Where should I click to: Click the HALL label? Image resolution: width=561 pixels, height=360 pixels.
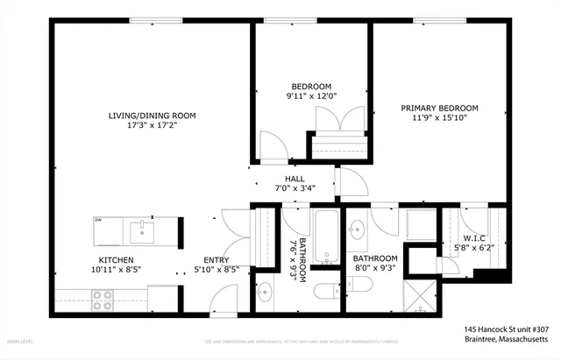click(295, 178)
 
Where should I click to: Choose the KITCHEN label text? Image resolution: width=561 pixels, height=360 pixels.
click(116, 260)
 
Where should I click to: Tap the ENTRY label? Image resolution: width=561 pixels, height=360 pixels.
click(217, 260)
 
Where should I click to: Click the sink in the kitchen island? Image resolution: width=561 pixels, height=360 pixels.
click(140, 232)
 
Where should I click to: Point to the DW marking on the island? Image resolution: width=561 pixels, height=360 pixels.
click(99, 221)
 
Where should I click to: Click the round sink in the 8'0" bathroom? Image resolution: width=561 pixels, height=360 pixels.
click(358, 231)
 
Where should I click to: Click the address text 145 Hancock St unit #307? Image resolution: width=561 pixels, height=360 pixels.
click(506, 329)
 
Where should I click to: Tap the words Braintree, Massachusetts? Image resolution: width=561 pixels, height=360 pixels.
click(507, 338)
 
